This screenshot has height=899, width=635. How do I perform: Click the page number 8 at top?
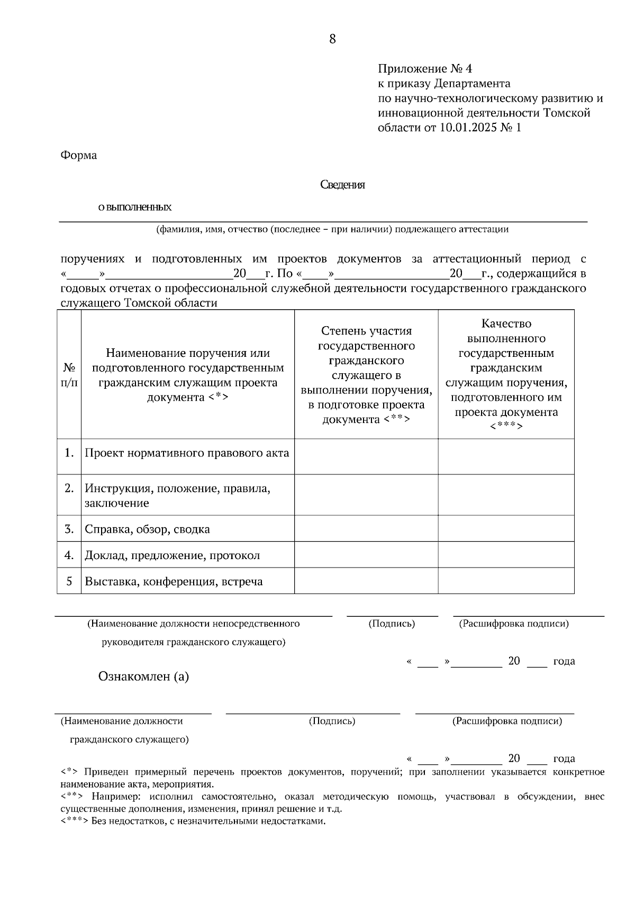(332, 39)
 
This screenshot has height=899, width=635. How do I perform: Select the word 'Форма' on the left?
(78, 156)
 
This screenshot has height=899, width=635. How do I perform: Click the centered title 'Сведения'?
(342, 185)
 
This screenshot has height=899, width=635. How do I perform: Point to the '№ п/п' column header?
(69, 375)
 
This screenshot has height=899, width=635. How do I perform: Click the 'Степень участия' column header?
(366, 375)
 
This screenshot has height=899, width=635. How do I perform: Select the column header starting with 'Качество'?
(506, 375)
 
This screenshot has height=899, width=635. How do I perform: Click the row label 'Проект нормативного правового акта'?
(187, 453)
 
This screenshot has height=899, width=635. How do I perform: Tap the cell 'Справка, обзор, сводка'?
(147, 529)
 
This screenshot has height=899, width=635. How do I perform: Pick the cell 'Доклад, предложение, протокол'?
(172, 555)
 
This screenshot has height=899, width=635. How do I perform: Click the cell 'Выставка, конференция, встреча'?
(174, 582)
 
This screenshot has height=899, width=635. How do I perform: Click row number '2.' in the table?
(69, 488)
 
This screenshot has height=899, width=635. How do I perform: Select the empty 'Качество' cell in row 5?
(506, 581)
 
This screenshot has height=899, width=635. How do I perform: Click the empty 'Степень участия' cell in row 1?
(366, 456)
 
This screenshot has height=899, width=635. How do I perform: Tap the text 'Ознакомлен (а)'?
(143, 677)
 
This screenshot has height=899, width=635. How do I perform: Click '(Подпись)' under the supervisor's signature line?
(392, 624)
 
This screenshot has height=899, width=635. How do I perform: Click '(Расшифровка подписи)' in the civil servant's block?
(506, 721)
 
